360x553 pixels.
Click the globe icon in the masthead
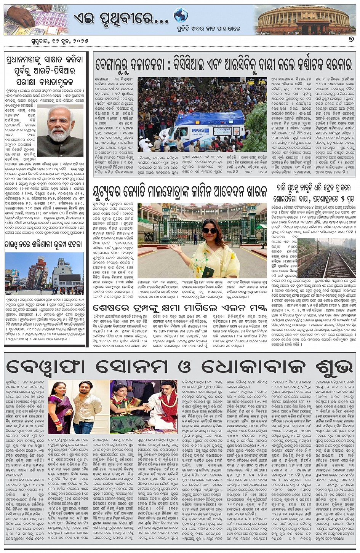click(181, 16)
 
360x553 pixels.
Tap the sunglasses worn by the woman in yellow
click(209, 230)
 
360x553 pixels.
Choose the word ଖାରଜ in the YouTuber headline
click(249, 191)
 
